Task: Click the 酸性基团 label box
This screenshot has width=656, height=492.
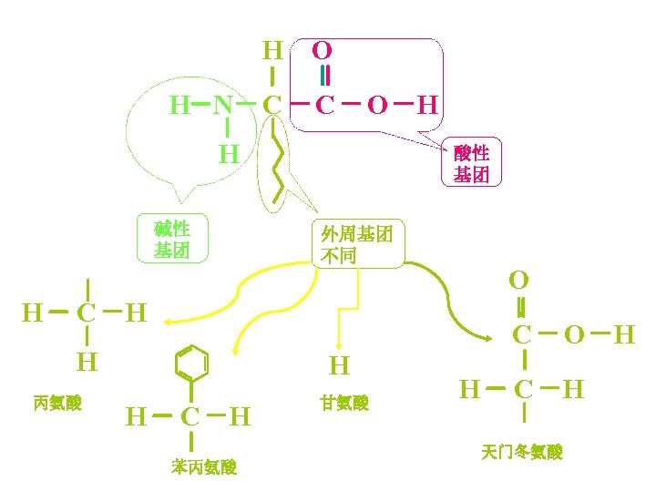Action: [472, 163]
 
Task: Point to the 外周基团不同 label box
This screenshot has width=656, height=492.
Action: [356, 244]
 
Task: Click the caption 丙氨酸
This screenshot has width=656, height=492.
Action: [56, 403]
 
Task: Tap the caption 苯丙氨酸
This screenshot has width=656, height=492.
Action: [204, 467]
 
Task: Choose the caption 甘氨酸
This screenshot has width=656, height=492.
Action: [344, 403]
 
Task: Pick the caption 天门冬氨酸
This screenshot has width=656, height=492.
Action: [522, 452]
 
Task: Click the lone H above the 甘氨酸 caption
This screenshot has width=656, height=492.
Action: [339, 366]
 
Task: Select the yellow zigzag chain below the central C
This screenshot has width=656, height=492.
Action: [279, 169]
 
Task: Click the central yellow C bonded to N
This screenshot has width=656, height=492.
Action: [272, 107]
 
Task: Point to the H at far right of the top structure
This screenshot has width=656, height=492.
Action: [426, 107]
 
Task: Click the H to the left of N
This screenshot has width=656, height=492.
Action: [179, 107]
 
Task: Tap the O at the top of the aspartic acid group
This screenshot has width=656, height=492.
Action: [519, 278]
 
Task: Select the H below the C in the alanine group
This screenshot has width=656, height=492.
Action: [87, 362]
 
